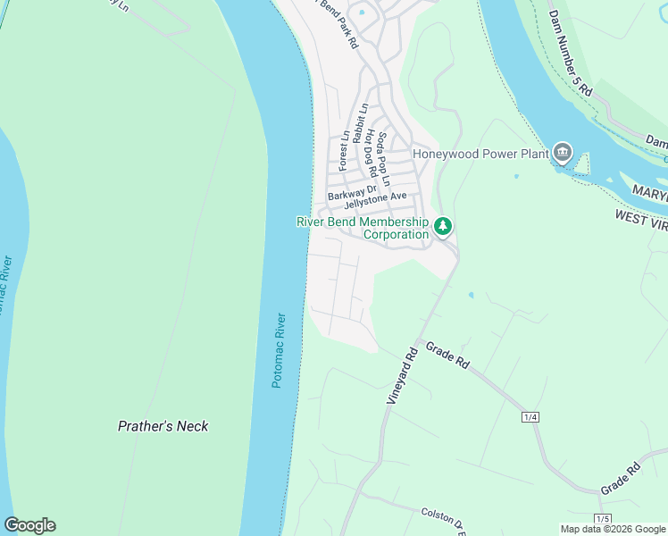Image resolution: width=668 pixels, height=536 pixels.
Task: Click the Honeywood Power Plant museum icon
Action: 562,153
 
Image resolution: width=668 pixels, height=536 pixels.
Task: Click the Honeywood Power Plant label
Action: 480,154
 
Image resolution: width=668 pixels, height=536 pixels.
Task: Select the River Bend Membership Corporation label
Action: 363,228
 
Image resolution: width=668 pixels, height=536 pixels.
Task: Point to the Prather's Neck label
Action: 163,426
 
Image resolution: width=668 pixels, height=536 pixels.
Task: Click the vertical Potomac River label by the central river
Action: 280,349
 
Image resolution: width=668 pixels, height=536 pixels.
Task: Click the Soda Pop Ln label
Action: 382,158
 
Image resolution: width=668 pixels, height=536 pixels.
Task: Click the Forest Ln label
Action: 343,152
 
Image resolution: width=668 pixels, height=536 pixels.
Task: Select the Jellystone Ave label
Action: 375,201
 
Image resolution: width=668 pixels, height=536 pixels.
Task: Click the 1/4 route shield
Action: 530,417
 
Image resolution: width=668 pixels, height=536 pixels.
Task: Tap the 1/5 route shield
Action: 604,519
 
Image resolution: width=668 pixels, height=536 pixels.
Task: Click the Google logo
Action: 29,525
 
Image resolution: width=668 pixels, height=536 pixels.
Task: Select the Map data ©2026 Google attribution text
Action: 613,529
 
